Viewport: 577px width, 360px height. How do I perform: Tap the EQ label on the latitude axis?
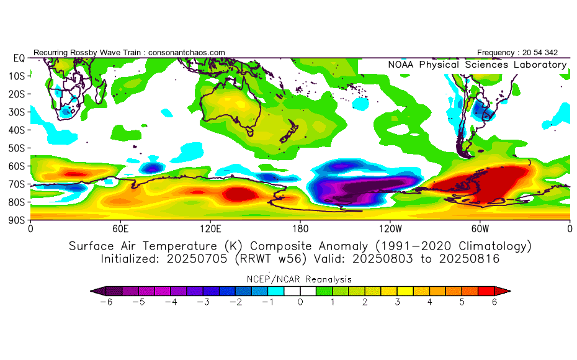click(18, 58)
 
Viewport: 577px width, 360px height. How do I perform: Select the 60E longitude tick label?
click(120, 228)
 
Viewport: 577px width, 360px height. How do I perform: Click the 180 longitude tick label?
click(300, 228)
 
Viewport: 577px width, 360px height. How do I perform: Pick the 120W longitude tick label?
click(390, 228)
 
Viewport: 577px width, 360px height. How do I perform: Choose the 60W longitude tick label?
click(480, 228)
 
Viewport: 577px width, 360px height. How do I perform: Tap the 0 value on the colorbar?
click(300, 302)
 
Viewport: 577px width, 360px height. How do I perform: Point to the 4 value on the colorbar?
click(429, 302)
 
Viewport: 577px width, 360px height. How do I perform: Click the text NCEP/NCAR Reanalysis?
click(300, 279)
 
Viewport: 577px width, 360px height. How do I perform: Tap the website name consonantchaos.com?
click(187, 53)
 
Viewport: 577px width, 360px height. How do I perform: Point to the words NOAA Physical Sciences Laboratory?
click(477, 65)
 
